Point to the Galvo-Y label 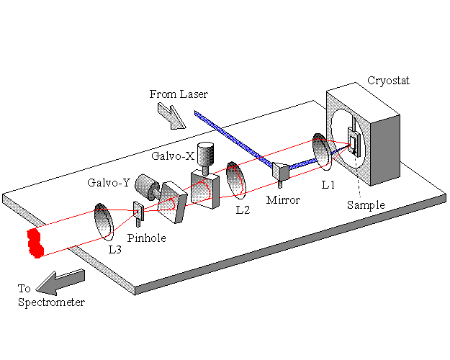pyautogui.click(x=107, y=182)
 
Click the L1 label pyautogui.click(x=328, y=185)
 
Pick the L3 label pyautogui.click(x=115, y=249)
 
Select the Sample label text pyautogui.click(x=366, y=204)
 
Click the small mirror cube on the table pyautogui.click(x=279, y=171)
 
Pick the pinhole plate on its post pyautogui.click(x=138, y=210)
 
